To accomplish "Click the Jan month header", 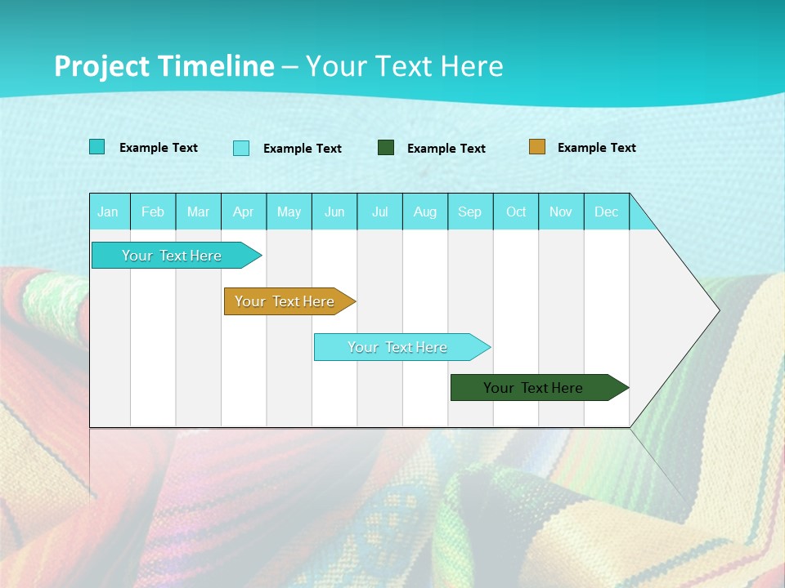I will point(108,212).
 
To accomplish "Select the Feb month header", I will point(153,212).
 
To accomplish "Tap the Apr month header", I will point(243,212).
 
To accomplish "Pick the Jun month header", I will point(334,212).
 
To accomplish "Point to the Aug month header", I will point(425,212).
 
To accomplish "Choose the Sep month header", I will point(469,212).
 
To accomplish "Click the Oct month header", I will point(516,212).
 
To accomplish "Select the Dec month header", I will point(606,212).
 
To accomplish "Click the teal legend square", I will point(96,147).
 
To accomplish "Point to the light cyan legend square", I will point(241,148).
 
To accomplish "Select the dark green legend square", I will point(386,147).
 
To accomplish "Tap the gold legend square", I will point(536,146).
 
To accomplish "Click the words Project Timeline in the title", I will point(164,66).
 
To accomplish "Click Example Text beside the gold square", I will point(596,147).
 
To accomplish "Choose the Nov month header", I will point(560,212).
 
